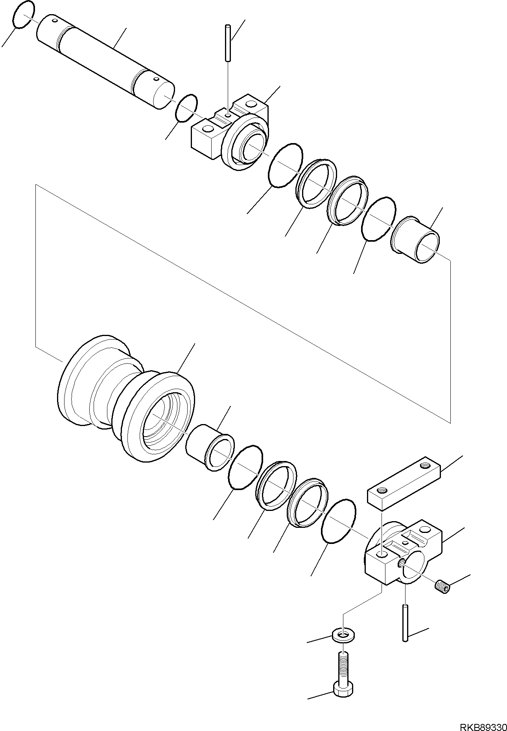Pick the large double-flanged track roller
126,397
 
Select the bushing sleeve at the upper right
416,240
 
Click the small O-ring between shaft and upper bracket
186,108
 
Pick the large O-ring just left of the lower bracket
338,521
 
